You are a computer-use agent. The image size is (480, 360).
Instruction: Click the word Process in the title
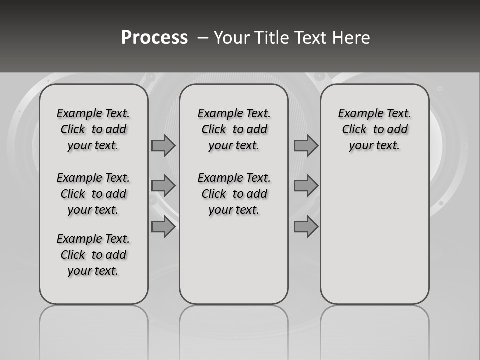[x=154, y=37]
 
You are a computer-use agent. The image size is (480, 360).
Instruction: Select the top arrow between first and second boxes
[x=163, y=145]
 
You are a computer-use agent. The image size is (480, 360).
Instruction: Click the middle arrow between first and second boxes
[x=163, y=186]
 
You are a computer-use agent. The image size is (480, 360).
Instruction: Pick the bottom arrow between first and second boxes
[x=163, y=227]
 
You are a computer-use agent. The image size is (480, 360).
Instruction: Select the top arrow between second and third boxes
[x=306, y=145]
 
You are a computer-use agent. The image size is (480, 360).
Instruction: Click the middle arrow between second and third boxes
[x=306, y=186]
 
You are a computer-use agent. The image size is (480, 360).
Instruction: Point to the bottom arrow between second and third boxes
[x=306, y=227]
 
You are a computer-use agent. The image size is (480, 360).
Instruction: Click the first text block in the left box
[x=93, y=129]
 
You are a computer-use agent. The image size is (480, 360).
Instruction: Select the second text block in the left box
[x=93, y=194]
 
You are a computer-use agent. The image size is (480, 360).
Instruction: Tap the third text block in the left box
[x=93, y=255]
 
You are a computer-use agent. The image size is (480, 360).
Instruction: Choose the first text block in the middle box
[x=234, y=129]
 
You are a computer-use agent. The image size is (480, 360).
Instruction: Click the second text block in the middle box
[x=234, y=194]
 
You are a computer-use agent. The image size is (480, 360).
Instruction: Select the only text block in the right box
[x=374, y=129]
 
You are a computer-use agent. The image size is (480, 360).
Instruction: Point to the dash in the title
[x=203, y=38]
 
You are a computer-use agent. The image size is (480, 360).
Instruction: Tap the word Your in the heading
[x=232, y=38]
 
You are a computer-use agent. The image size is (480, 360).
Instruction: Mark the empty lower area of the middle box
[x=234, y=260]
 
